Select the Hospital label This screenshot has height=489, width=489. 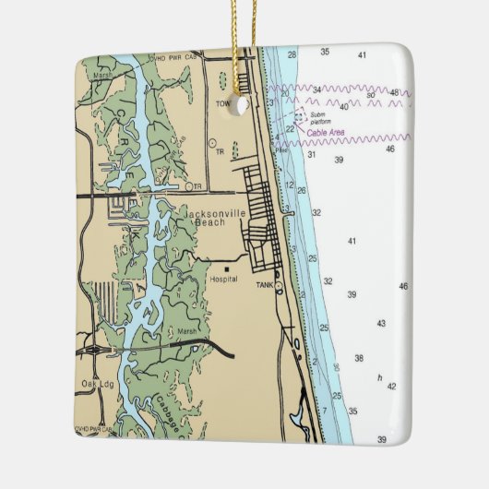[x=223, y=279]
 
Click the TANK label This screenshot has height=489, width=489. [x=266, y=286]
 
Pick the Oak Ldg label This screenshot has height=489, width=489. [x=95, y=383]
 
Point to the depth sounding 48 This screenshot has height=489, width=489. [x=395, y=92]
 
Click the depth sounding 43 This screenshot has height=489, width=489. [x=381, y=323]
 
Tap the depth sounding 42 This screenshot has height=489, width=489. [x=391, y=386]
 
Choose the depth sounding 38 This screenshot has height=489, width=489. [x=359, y=357]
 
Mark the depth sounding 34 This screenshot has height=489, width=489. [x=316, y=89]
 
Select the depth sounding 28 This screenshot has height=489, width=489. [x=292, y=55]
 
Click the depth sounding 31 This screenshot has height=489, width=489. [x=312, y=154]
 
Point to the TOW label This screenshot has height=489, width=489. [x=222, y=104]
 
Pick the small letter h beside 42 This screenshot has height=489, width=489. [x=379, y=376]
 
